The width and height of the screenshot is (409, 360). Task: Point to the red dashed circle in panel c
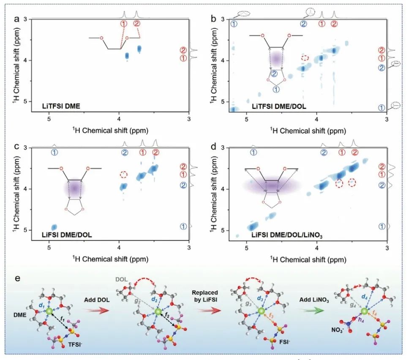123,175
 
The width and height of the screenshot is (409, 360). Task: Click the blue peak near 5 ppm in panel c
54,227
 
